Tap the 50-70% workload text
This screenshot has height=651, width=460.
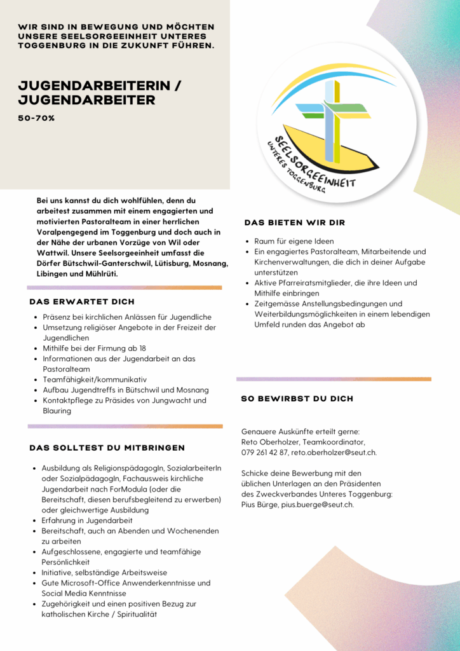(x=36, y=118)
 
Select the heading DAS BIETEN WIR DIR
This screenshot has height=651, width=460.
(x=295, y=223)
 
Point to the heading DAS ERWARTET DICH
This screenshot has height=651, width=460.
(x=82, y=301)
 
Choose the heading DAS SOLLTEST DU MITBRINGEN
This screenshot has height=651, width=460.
(x=107, y=448)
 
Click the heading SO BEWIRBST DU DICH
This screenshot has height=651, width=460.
(x=297, y=399)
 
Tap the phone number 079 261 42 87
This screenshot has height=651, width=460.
(x=264, y=453)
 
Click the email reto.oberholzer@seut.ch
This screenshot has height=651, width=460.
(x=334, y=453)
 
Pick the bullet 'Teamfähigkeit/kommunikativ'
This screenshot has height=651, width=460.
(x=94, y=380)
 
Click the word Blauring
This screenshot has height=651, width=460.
(x=57, y=411)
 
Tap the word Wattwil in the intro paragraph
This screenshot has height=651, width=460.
(x=51, y=252)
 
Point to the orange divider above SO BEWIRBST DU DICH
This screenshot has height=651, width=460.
(x=334, y=379)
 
